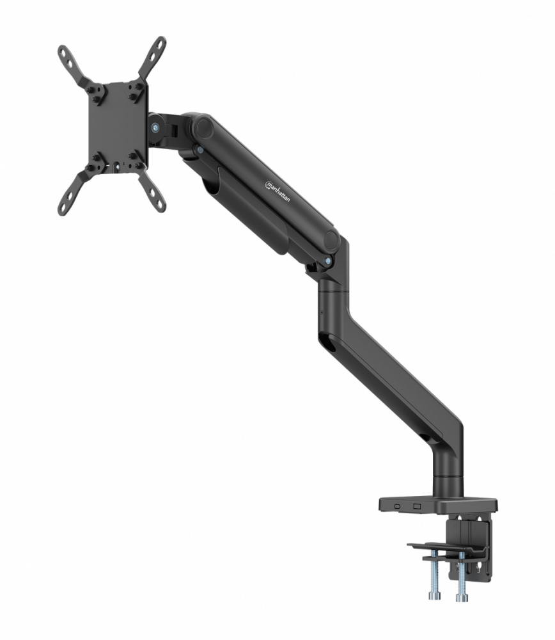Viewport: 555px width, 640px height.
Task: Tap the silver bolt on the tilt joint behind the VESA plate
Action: coord(155,127)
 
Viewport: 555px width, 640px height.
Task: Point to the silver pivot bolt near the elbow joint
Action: coord(329,261)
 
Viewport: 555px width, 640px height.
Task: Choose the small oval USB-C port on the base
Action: coord(398,506)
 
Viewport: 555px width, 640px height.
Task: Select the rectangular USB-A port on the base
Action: coord(418,506)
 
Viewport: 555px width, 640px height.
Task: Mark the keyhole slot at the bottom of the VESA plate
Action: coord(117,168)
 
